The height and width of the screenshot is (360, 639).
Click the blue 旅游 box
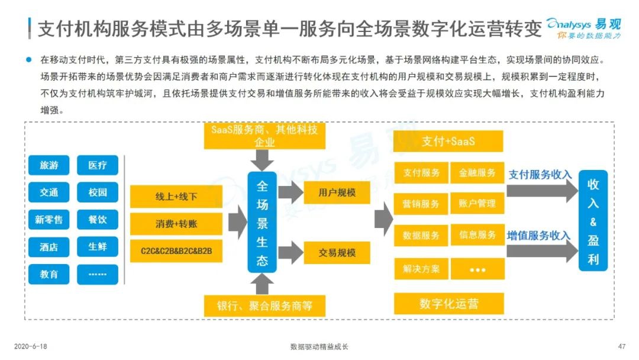pos(49,165)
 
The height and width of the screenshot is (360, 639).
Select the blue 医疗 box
pos(98,165)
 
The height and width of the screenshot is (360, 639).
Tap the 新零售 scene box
pos(49,220)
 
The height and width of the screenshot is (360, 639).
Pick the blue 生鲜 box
pos(98,247)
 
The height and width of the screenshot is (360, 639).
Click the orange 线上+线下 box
pos(176,197)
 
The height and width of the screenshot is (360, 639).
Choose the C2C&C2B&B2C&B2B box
pos(176,250)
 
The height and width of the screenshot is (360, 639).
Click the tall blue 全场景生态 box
pos(262,222)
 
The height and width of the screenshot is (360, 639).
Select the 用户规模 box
pos(337,192)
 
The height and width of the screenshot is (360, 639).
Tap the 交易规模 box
pos(337,253)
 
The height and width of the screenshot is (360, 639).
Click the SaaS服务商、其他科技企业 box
pos(264,136)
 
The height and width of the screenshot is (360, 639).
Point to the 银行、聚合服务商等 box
pos(264,306)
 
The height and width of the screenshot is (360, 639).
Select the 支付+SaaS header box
pos(448,142)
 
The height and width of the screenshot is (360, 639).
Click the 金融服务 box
pos(477,172)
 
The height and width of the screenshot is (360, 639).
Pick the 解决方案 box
pos(421,269)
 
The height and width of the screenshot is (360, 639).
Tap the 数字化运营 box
pos(448,304)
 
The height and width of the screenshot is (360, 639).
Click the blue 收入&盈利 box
pos(593,221)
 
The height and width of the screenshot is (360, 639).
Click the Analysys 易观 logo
pos(583,28)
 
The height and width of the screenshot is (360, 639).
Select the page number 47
pos(621,346)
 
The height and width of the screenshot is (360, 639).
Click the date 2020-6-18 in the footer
pos(31,346)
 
